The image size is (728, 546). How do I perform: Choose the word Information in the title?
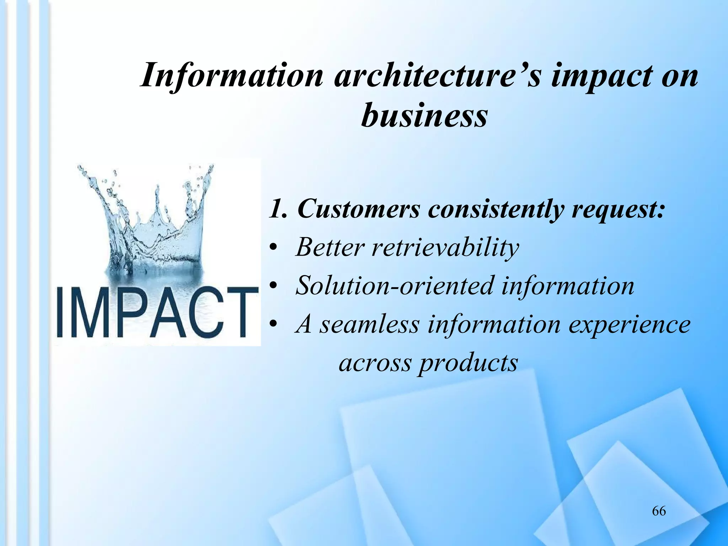(231, 76)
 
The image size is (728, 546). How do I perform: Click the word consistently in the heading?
(496, 210)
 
